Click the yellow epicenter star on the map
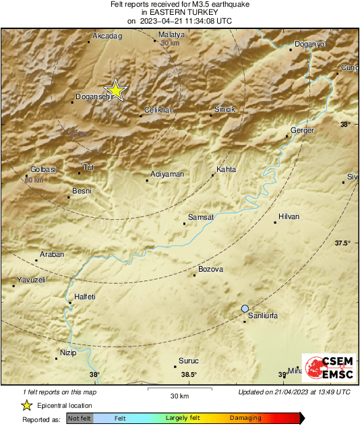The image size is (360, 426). [116, 90]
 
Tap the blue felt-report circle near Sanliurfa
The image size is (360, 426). [245, 308]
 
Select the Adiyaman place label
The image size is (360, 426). [167, 175]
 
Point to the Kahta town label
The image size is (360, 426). [226, 169]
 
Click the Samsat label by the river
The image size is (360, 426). [201, 217]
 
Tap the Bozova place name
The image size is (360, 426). [210, 270]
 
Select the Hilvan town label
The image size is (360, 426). [289, 216]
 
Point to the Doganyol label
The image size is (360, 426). [311, 44]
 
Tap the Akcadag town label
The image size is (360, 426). [107, 35]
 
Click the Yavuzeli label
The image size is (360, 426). [31, 279]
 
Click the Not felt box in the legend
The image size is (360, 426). [80, 419]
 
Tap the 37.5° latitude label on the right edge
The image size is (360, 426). [343, 243]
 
